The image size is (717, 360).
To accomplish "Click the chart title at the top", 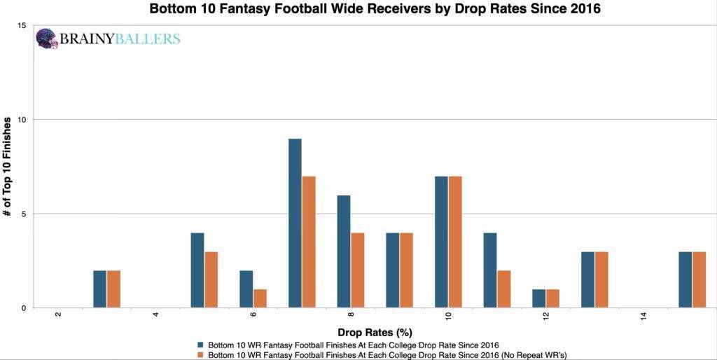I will click(x=375, y=9).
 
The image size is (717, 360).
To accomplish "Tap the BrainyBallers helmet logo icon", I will click(x=46, y=39).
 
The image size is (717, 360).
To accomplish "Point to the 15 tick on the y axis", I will click(x=22, y=26).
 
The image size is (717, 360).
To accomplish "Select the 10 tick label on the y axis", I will click(x=22, y=120).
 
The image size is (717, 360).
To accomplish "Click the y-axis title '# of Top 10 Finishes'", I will click(x=8, y=167).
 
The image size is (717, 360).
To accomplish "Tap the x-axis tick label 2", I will click(x=58, y=315).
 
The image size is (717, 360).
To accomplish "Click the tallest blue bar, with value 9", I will click(x=295, y=223).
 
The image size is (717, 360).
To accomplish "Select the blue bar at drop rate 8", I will click(x=344, y=251).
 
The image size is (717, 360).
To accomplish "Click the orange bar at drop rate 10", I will click(x=455, y=242).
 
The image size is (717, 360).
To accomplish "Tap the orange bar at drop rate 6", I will click(x=260, y=298).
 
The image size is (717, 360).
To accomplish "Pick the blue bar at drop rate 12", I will click(x=538, y=298).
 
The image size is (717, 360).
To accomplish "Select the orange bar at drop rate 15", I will click(x=699, y=279).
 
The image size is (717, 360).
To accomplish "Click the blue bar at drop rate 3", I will click(x=100, y=289).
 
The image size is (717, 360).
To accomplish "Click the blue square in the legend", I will click(x=202, y=345).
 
